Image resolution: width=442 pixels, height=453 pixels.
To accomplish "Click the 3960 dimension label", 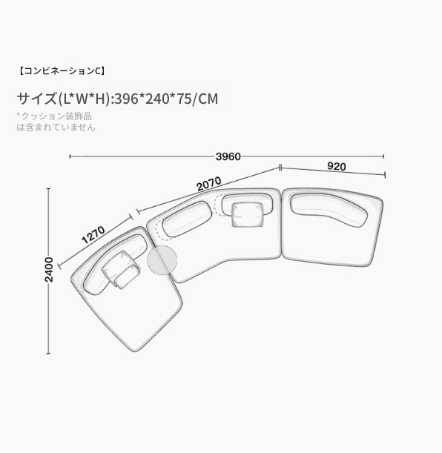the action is (228, 156).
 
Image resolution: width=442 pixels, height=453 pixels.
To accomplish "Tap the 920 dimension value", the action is (337, 166).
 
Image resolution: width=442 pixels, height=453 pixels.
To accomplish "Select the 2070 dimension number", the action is (209, 184).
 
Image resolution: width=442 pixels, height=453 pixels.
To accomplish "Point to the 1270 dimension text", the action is (93, 235).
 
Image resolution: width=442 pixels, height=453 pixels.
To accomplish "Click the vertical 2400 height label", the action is (49, 270).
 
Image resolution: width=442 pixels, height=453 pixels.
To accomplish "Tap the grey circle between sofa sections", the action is (162, 260).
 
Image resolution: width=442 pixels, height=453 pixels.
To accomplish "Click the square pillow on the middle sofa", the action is (248, 215).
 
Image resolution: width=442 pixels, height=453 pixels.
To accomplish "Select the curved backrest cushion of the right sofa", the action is (329, 210).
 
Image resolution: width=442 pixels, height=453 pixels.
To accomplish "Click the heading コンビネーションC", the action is (62, 71).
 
